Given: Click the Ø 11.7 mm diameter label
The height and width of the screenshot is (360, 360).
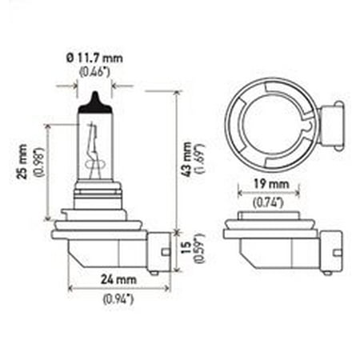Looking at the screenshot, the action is [x=94, y=58].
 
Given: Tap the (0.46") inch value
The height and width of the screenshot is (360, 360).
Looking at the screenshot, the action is [x=94, y=72].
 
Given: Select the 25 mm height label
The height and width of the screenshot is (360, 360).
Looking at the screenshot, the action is [x=23, y=162].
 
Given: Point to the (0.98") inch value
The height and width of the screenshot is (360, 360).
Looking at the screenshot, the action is [x=38, y=162].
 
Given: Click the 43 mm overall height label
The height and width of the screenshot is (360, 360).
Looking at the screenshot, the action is [x=187, y=159].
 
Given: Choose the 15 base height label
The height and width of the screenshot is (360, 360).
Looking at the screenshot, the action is [x=186, y=248].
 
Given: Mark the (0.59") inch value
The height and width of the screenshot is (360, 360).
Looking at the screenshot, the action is [x=199, y=248].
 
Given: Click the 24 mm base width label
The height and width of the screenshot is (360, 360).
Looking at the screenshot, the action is [x=118, y=279].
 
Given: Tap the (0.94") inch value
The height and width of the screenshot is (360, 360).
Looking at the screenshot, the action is [x=118, y=299].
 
